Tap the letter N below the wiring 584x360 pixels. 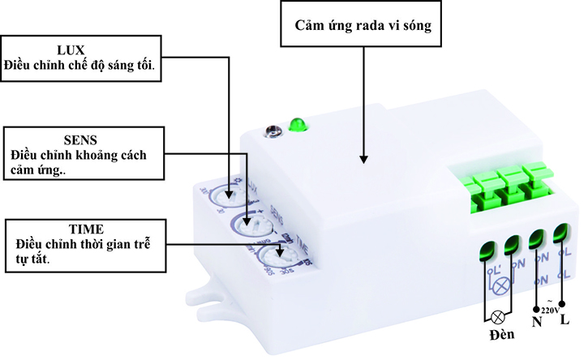[536, 322]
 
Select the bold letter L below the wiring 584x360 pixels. [565, 320]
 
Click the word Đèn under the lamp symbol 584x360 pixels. [502, 337]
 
